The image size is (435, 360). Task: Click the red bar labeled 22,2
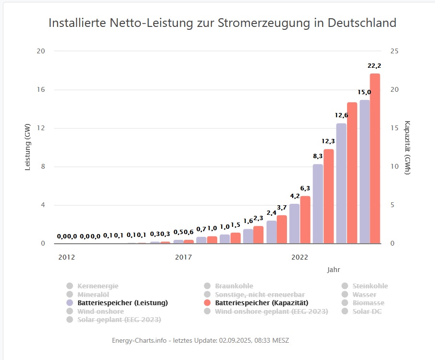pyautogui.click(x=375, y=159)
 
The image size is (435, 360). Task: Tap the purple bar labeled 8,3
pyautogui.click(x=318, y=204)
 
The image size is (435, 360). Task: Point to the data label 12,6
pyautogui.click(x=342, y=115)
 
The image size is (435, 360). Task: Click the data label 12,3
pyautogui.click(x=328, y=141)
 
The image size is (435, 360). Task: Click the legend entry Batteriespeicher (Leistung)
pyautogui.click(x=122, y=303)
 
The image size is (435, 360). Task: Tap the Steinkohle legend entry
pyautogui.click(x=370, y=286)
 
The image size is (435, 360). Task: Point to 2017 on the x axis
pyautogui.click(x=183, y=257)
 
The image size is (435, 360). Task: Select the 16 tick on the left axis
pyautogui.click(x=42, y=90)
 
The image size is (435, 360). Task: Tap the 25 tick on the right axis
pyautogui.click(x=392, y=51)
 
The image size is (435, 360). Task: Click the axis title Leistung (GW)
pyautogui.click(x=28, y=148)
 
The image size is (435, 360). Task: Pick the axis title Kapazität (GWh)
pyautogui.click(x=408, y=148)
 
